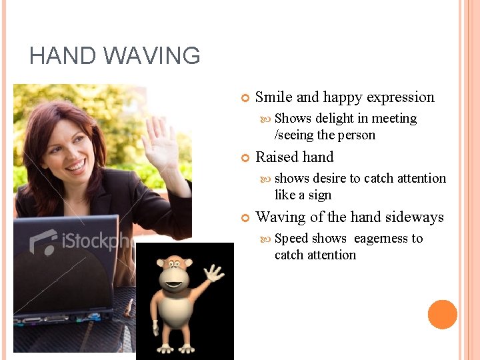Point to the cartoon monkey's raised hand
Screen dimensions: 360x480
coord(213,273)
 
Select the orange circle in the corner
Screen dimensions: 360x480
coord(442,315)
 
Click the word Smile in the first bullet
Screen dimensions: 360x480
coord(274,97)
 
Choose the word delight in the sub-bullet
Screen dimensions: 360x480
coord(334,119)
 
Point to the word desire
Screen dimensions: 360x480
coord(329,179)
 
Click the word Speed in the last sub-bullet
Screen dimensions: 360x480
coord(291,239)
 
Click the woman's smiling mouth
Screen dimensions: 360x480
coord(75,165)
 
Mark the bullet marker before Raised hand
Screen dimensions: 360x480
coord(245,158)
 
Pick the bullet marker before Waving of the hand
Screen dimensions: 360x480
coord(245,218)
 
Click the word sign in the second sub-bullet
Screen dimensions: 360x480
coord(319,195)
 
